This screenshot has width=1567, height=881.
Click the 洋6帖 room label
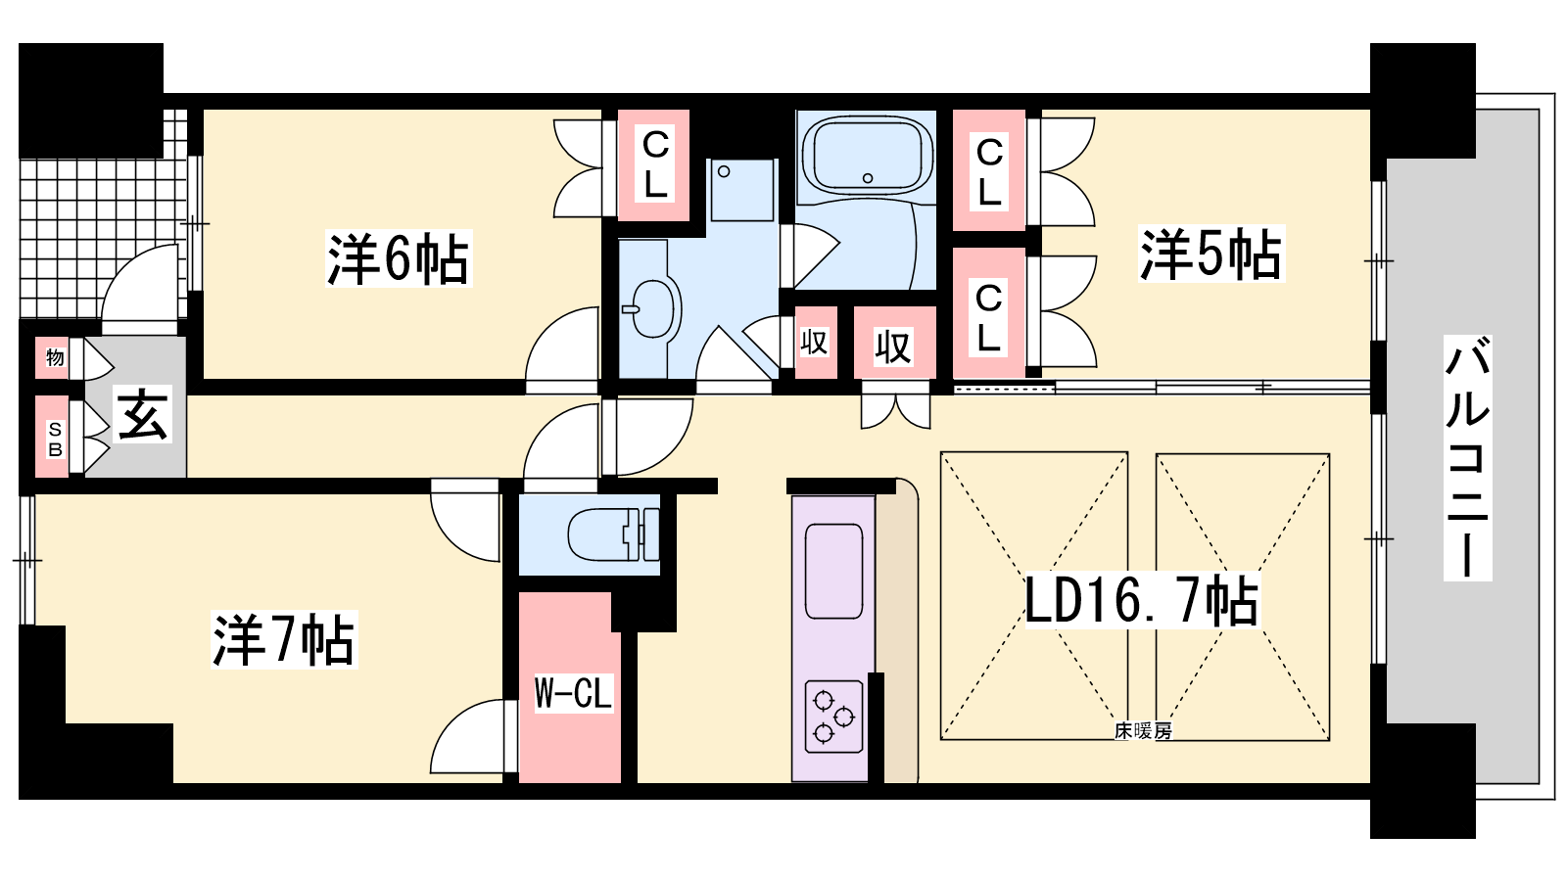(399, 258)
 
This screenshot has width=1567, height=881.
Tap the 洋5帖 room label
(1211, 254)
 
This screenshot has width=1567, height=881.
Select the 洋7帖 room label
(284, 640)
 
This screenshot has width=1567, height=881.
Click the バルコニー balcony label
(1468, 458)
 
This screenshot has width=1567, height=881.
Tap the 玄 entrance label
(143, 415)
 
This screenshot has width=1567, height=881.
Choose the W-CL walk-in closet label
(573, 693)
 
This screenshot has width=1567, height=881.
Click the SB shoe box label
(55, 440)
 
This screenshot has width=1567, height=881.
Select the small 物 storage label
(55, 357)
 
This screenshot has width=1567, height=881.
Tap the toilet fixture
(613, 534)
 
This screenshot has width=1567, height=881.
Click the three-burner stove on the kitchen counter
(833, 717)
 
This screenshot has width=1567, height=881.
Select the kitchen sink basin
(833, 571)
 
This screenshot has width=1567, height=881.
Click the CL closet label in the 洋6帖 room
(655, 164)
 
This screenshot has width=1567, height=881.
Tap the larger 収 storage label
(893, 348)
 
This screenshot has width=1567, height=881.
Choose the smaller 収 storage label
(814, 342)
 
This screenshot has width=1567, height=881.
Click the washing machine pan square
(741, 190)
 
